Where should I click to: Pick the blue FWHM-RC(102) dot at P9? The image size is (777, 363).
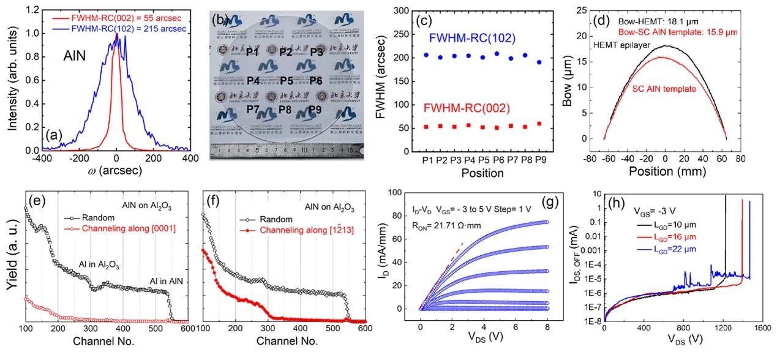539,62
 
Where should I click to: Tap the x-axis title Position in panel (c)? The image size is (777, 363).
482,173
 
